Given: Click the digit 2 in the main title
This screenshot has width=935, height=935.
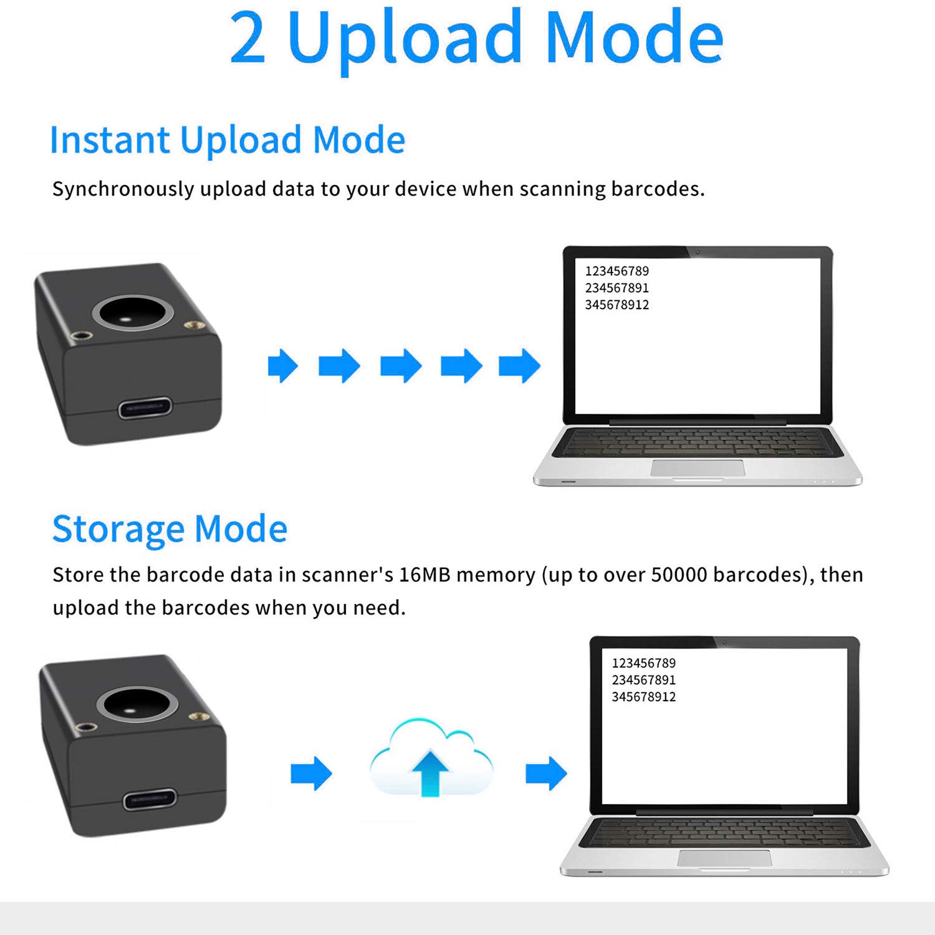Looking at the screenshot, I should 248,39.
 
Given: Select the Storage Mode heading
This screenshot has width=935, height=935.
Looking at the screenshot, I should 170,529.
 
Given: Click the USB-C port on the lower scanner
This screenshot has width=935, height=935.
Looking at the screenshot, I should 150,800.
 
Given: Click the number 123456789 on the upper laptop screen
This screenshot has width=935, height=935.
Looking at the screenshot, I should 616,271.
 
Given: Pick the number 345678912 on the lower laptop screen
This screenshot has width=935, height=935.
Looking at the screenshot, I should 643,697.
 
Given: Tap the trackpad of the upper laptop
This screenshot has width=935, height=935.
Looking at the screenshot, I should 698,468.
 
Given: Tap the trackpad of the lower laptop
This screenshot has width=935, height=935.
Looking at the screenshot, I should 724,858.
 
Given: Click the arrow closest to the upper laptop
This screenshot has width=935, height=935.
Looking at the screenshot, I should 519,365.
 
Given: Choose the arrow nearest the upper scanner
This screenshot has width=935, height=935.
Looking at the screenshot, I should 282,365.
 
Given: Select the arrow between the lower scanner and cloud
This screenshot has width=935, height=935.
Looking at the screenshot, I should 311,774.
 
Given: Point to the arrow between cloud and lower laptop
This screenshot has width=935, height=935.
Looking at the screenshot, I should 546,774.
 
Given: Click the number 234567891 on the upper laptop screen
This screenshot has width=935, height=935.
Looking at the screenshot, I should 616,288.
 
